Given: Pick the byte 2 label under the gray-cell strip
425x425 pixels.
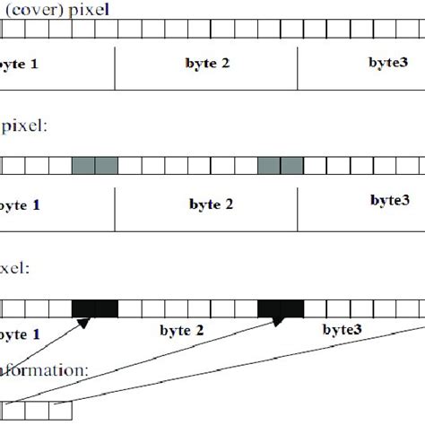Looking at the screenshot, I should [x=212, y=204].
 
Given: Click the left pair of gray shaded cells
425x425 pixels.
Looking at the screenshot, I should [x=95, y=166].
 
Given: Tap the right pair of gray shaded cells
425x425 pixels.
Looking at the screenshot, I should [x=281, y=166].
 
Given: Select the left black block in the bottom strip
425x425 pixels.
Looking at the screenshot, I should [x=95, y=308].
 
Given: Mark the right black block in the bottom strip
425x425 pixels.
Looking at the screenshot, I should [x=281, y=308].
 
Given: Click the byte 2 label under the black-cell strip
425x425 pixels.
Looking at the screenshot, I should [x=181, y=331].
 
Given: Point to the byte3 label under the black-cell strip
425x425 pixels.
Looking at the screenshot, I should [x=343, y=330].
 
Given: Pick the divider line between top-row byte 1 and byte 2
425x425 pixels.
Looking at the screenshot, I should [x=116, y=68].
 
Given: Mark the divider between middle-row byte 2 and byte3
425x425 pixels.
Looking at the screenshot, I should [x=301, y=205].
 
